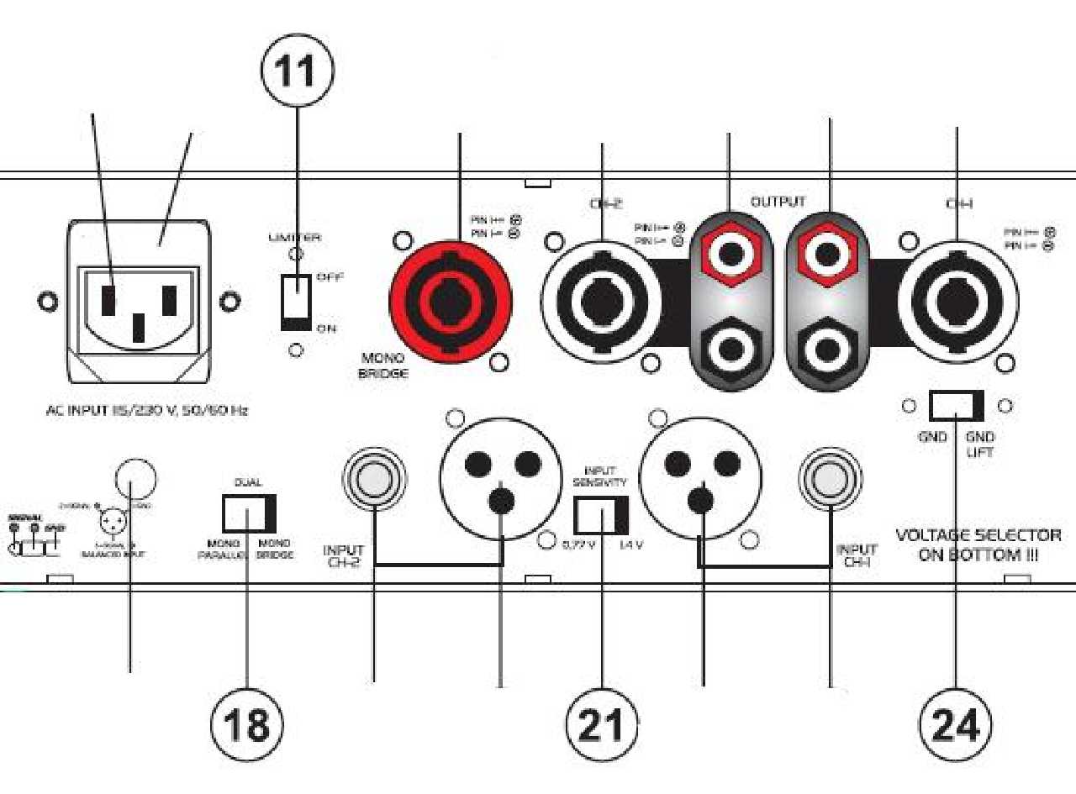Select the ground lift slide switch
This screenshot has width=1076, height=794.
[x=956, y=406]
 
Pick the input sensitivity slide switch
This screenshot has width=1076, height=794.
[x=601, y=515]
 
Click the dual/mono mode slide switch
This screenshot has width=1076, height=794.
[x=249, y=513]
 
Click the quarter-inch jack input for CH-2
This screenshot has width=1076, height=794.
[x=374, y=480]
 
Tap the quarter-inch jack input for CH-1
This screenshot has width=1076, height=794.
[x=831, y=480]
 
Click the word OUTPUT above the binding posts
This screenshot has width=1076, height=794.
[x=778, y=202]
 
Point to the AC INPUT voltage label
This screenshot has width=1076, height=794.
[x=146, y=412]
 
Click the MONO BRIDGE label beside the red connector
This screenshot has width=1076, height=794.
[x=384, y=366]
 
